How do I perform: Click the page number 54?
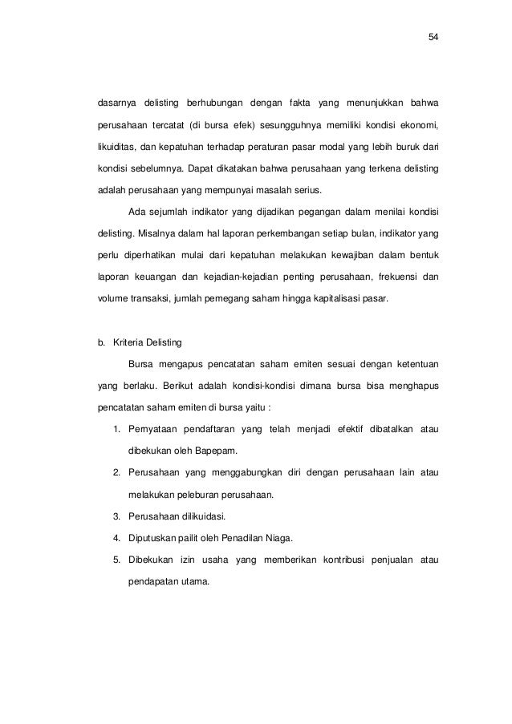point(433,37)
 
